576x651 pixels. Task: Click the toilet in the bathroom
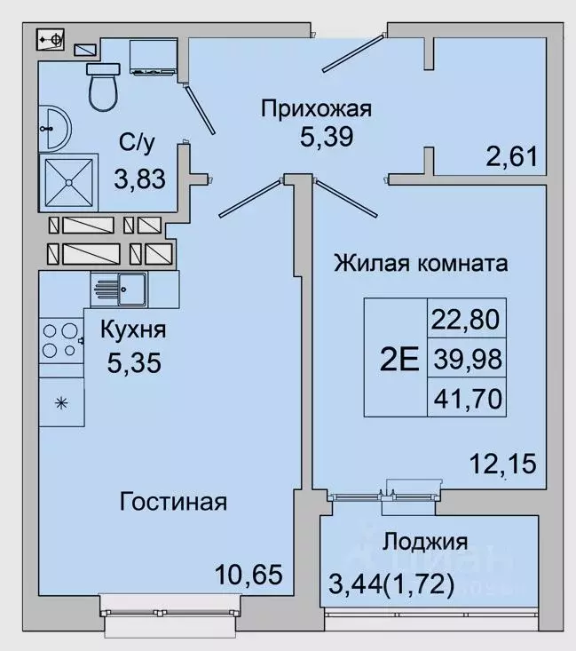pyautogui.click(x=104, y=86)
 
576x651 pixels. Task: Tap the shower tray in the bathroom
pyautogui.click(x=68, y=181)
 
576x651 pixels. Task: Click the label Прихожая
pyautogui.click(x=315, y=109)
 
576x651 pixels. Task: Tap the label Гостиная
pyautogui.click(x=174, y=502)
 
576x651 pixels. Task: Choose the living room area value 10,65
pyautogui.click(x=249, y=575)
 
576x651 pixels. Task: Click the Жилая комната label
pyautogui.click(x=421, y=264)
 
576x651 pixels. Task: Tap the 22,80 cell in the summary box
pyautogui.click(x=467, y=317)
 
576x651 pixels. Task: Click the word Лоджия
pyautogui.click(x=425, y=542)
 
